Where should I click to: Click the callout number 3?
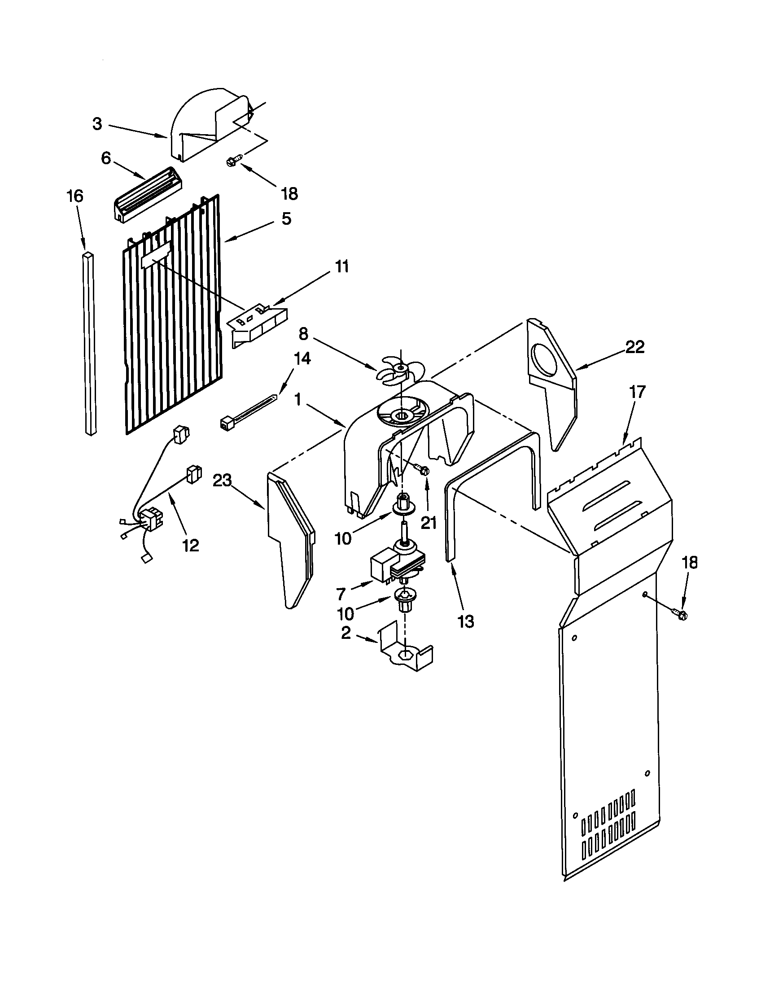pos(97,124)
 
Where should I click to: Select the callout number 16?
pos(75,196)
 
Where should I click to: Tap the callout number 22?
pos(634,347)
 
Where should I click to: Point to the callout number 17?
pos(638,392)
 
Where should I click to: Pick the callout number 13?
pos(465,622)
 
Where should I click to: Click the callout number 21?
pos(429,523)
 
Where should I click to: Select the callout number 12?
pos(191,546)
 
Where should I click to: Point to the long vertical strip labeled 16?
pos(89,344)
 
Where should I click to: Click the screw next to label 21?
pos(424,471)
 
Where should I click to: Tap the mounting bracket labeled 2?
pos(404,655)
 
